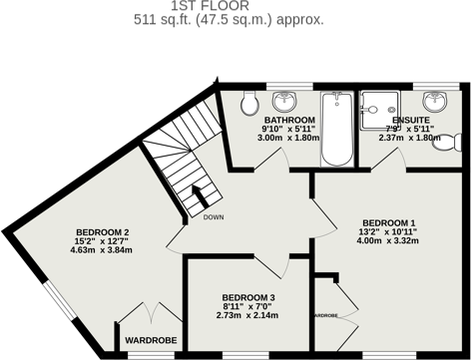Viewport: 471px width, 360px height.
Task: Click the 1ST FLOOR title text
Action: point(235,5)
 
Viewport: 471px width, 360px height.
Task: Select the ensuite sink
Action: point(434,101)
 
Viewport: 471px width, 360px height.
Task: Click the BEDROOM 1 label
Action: point(388,221)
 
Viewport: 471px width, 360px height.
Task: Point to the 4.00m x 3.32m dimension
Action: point(388,240)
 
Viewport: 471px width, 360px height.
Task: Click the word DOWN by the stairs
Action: point(213,216)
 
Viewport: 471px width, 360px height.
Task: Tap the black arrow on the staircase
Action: point(196,197)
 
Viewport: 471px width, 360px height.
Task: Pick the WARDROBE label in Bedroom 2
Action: point(150,340)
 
